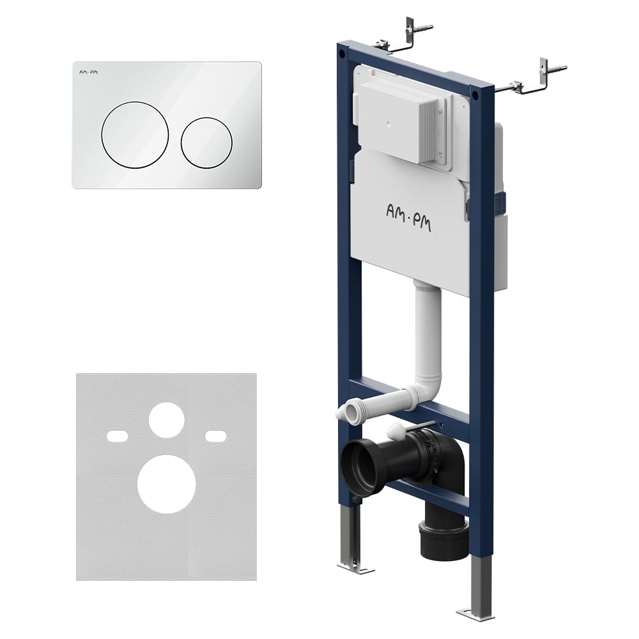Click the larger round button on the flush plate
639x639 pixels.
click(x=135, y=135)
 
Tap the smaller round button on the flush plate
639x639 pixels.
click(x=206, y=143)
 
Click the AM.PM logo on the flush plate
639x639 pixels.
click(x=88, y=73)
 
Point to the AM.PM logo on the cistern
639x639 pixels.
click(x=408, y=218)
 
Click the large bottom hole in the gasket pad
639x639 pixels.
click(x=167, y=484)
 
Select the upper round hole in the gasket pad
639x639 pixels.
click(x=167, y=420)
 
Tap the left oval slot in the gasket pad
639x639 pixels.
click(x=117, y=436)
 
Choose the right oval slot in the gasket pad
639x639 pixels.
click(x=215, y=436)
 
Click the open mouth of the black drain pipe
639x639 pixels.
click(x=358, y=465)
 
